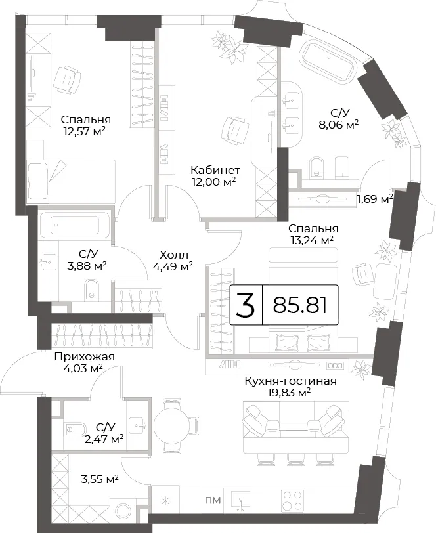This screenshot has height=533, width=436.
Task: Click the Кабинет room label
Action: [215, 170]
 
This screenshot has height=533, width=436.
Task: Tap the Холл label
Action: [173, 255]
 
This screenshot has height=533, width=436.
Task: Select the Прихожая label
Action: [84, 356]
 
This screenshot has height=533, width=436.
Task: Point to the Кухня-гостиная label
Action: [290, 381]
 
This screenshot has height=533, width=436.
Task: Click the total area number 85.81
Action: [300, 305]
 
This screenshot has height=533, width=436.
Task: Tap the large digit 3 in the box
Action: [246, 305]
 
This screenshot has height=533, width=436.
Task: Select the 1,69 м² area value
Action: [375, 198]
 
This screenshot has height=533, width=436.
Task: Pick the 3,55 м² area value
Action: [99, 480]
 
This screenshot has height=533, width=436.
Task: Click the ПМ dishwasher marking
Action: [213, 500]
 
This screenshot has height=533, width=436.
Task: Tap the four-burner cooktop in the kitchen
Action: [293, 500]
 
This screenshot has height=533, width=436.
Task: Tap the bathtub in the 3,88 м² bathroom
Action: [74, 225]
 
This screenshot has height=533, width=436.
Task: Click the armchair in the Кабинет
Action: [234, 129]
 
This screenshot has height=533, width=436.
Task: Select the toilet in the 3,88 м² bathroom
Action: [91, 289]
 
